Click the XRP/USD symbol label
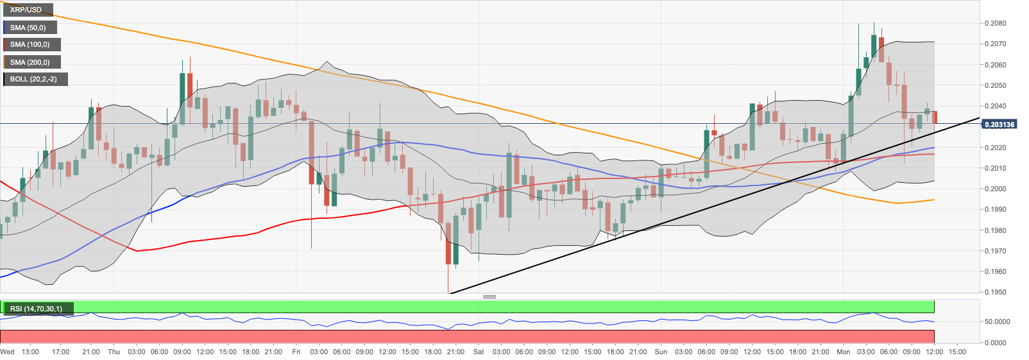point(26,10)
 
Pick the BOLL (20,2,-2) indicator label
point(33,79)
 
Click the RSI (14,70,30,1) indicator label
point(36,309)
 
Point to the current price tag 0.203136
point(999,124)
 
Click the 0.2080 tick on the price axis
point(995,23)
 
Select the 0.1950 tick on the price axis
point(995,292)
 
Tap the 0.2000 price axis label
point(995,189)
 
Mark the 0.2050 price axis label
point(995,85)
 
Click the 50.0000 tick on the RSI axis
point(997,321)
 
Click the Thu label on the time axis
point(114,352)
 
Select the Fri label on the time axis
point(296,352)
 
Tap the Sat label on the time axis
point(479,352)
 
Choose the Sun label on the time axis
point(661,352)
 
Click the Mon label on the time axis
point(843,352)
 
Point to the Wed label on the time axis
point(7,352)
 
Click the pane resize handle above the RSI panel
point(489,296)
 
